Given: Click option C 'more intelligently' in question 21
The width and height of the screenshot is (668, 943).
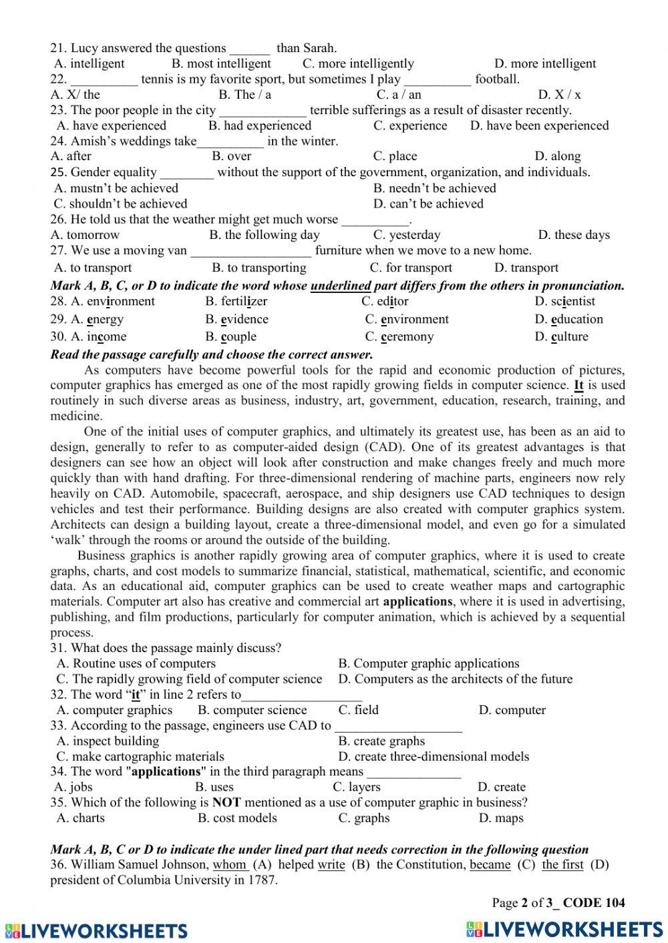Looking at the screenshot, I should tap(358, 63).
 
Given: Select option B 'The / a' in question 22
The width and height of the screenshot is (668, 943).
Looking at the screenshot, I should tap(244, 95).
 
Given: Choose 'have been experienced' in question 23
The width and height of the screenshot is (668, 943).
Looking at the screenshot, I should tap(539, 125).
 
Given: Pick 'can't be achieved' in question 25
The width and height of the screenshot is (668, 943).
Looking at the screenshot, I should tap(428, 204).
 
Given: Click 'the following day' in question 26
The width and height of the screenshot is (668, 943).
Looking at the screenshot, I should tap(264, 235).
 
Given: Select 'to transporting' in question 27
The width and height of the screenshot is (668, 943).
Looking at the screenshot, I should tap(259, 268).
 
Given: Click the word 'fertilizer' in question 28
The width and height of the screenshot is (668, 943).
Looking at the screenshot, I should tap(236, 301).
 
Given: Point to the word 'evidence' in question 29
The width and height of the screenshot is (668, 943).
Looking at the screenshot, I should tap(236, 319).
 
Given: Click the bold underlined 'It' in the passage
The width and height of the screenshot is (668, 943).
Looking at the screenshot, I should tap(578, 385).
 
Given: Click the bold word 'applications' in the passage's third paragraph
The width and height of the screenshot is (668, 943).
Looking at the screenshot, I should tap(418, 601).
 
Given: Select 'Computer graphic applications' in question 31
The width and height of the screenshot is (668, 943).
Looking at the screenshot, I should tap(428, 663).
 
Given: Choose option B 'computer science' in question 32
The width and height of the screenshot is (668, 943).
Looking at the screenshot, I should tap(252, 710).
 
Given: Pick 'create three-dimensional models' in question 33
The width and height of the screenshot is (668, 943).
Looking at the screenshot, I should tap(434, 756).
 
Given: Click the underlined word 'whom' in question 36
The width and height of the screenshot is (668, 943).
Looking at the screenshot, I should tap(230, 865).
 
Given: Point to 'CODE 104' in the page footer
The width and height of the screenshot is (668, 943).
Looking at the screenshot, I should tap(594, 903).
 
